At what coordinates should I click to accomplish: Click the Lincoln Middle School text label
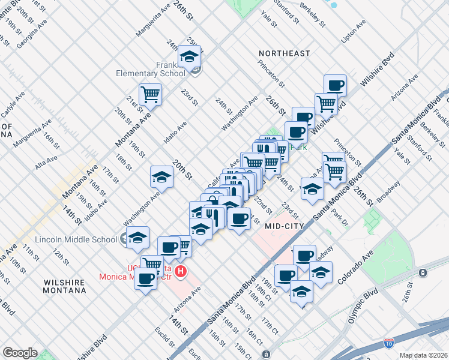point(76,239)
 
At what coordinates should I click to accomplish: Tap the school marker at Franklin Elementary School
point(190,56)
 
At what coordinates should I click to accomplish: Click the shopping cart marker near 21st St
point(150,94)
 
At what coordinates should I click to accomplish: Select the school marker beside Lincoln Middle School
point(138,237)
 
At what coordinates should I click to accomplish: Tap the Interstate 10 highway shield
point(389,343)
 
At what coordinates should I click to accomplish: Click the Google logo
point(20,353)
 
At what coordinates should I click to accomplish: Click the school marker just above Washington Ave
point(161,176)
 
